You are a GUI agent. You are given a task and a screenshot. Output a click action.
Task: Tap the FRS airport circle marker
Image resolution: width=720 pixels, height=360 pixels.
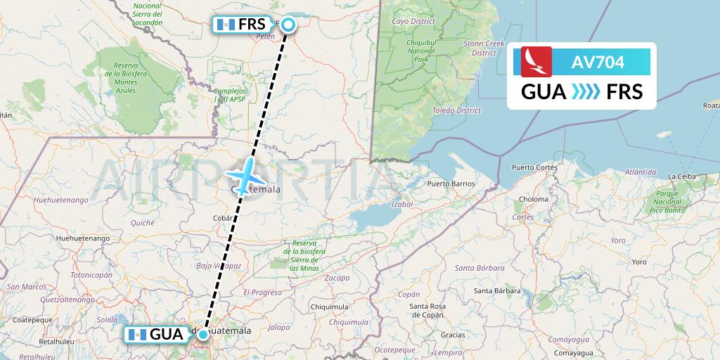coord(288,25)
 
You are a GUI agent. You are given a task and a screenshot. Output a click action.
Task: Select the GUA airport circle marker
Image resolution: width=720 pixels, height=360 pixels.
coord(202,335)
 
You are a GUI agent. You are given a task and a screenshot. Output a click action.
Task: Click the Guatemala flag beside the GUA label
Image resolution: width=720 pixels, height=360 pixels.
coord(137,335)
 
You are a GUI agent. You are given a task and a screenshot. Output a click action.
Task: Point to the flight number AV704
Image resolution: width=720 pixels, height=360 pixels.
coord(598,63)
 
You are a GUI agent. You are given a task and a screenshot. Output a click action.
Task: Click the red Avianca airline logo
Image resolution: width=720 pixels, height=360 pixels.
coord(536,62)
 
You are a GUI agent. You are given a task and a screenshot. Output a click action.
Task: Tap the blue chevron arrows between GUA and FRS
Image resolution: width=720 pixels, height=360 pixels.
coord(586,91)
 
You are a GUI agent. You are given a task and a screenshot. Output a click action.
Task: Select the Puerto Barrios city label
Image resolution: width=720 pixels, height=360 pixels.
coord(451,184)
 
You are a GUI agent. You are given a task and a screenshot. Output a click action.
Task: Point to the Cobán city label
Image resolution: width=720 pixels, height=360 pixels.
coord(223,219)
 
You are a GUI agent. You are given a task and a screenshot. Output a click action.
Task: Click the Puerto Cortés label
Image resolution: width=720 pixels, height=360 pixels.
coord(534,167)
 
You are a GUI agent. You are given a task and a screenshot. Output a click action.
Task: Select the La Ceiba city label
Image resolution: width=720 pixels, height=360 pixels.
coord(682,176)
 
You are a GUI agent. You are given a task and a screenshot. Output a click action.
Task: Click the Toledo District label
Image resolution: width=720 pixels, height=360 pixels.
coord(458,110)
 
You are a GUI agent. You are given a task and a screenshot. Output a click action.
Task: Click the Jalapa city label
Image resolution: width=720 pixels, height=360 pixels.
coord(279,327)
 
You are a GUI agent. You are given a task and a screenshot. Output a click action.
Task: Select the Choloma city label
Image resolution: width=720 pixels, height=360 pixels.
coord(534,200)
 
